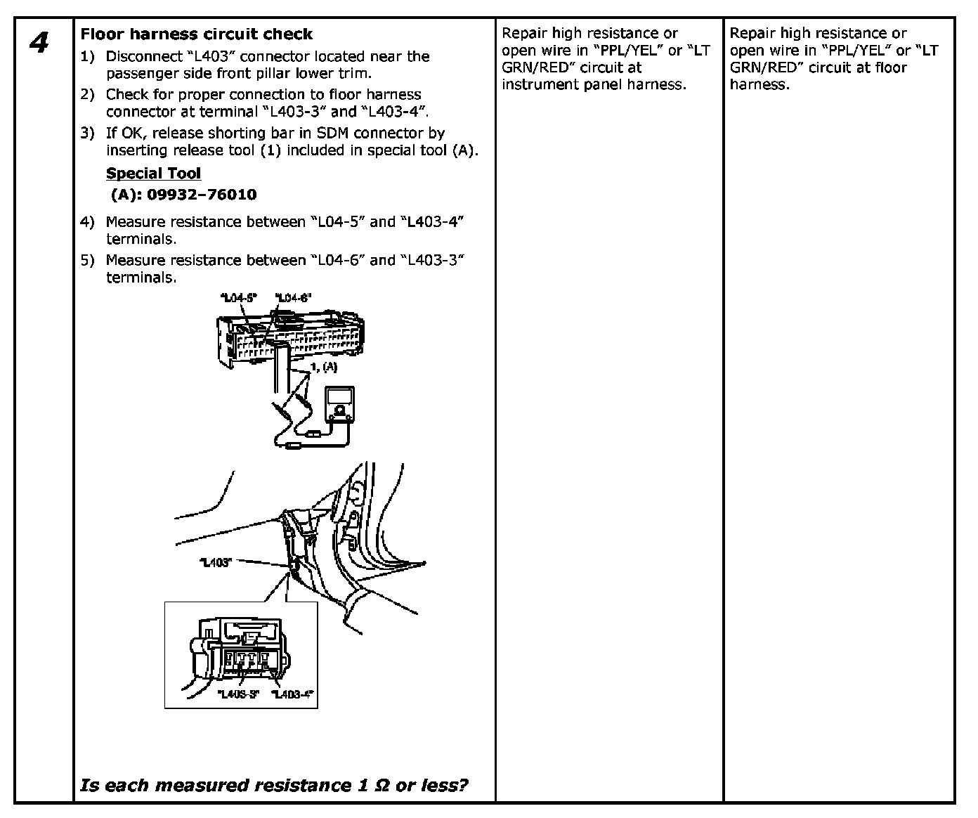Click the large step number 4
[x=39, y=43]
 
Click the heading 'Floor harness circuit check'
[x=197, y=34]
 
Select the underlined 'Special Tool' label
[x=153, y=174]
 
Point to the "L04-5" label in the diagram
[x=240, y=298]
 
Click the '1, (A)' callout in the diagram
[x=324, y=368]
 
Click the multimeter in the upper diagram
[x=339, y=406]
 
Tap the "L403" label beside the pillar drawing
[x=216, y=562]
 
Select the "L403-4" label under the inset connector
[x=292, y=694]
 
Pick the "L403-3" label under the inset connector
[x=238, y=694]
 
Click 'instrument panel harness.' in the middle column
[x=594, y=84]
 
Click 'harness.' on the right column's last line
[x=759, y=84]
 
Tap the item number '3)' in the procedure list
[x=87, y=133]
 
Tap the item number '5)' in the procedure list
[x=87, y=260]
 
